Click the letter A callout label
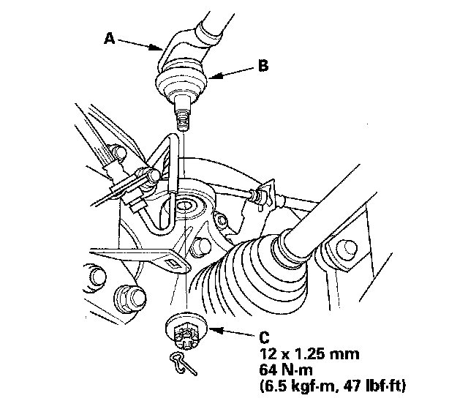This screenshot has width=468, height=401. pyautogui.click(x=110, y=39)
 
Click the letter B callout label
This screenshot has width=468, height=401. pyautogui.click(x=263, y=66)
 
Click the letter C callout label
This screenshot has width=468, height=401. pyautogui.click(x=265, y=337)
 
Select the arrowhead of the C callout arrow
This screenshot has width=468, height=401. pyautogui.click(x=216, y=329)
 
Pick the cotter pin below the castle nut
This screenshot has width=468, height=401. pyautogui.click(x=183, y=364)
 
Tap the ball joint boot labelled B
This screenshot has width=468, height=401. pyautogui.click(x=181, y=80)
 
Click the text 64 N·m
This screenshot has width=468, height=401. pyautogui.click(x=286, y=370)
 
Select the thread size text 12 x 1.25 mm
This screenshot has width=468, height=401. pyautogui.click(x=309, y=354)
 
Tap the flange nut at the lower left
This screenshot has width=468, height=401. pyautogui.click(x=130, y=299)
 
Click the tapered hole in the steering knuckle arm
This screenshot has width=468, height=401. pyautogui.click(x=186, y=206)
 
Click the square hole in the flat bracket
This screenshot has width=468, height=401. pyautogui.click(x=173, y=263)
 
